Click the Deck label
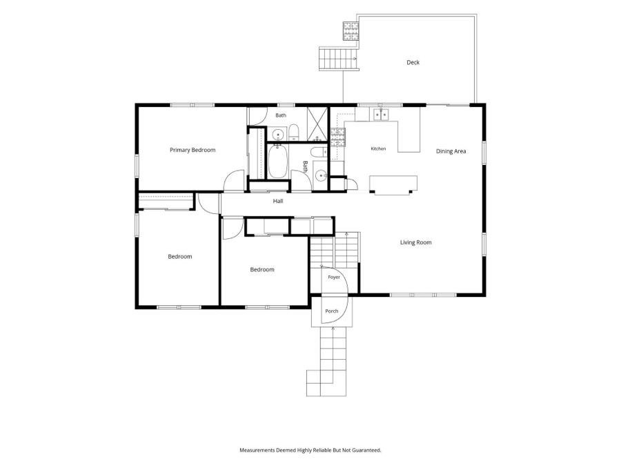(x=413, y=62)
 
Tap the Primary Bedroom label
(x=193, y=150)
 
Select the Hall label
(x=278, y=201)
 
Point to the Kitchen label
(x=378, y=148)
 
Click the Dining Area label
(x=451, y=151)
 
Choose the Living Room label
(x=415, y=242)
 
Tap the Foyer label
(x=334, y=277)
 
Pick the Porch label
(x=331, y=311)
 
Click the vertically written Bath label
(x=306, y=166)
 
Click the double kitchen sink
(x=381, y=115)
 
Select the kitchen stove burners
(x=338, y=137)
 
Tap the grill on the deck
(x=351, y=31)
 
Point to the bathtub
(x=277, y=162)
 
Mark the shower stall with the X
(x=317, y=124)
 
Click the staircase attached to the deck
(x=339, y=59)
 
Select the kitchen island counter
(x=393, y=184)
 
